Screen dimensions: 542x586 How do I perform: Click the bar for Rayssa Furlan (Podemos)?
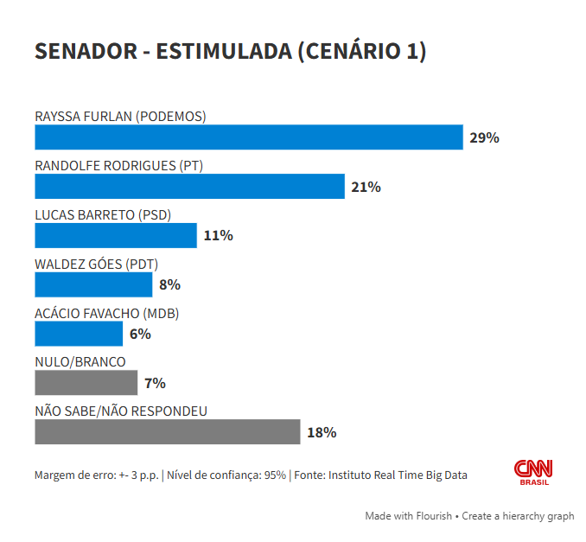(x=249, y=137)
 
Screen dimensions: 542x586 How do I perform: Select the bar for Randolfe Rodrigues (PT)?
(x=189, y=187)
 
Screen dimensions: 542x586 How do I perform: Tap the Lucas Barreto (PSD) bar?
(x=116, y=235)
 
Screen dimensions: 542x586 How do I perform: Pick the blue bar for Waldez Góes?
(x=93, y=284)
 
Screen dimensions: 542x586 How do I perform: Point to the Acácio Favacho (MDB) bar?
(x=79, y=334)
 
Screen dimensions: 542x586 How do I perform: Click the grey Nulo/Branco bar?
(x=86, y=382)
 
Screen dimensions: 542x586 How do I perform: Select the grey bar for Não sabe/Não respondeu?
(x=167, y=431)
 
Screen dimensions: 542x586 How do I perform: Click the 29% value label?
(x=484, y=137)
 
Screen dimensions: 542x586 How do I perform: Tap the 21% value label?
(x=366, y=187)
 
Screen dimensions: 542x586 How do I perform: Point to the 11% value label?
(x=218, y=235)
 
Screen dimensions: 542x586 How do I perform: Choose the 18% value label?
(x=322, y=432)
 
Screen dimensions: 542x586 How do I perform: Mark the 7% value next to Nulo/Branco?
(x=156, y=383)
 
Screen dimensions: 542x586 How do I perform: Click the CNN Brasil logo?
(x=533, y=472)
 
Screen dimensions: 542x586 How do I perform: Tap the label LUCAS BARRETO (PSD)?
(x=103, y=214)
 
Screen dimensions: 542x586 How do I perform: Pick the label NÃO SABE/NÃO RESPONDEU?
(x=121, y=411)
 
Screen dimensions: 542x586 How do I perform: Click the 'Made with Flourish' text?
(x=408, y=516)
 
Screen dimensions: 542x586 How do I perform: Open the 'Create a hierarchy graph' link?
(x=518, y=516)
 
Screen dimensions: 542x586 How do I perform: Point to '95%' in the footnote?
(x=275, y=475)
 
